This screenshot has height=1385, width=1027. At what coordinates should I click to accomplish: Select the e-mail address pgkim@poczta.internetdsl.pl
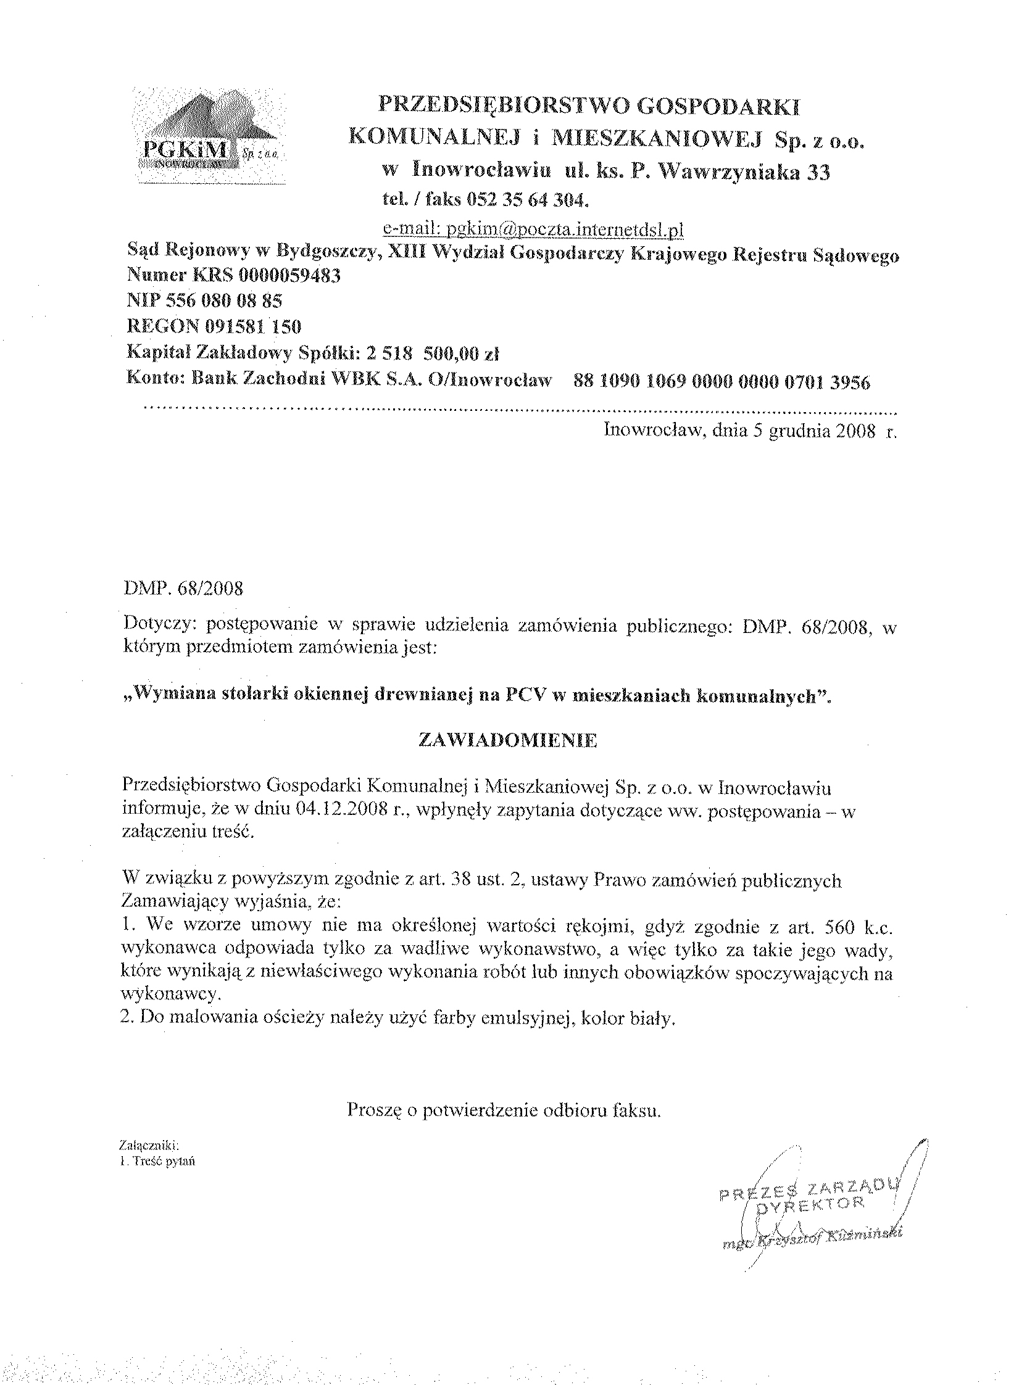tap(533, 229)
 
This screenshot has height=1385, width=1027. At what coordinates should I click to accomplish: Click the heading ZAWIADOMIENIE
tap(509, 740)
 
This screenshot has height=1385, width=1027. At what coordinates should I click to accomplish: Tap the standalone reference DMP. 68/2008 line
tap(183, 588)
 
